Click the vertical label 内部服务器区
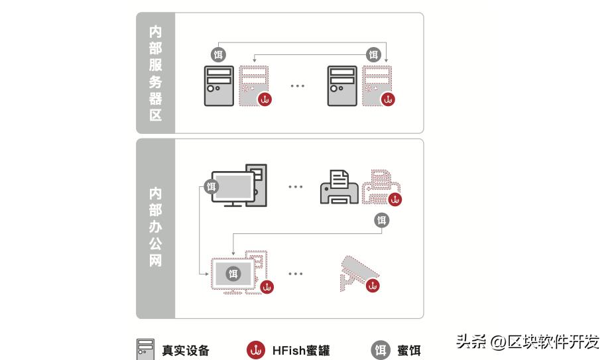(155, 73)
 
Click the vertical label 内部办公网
(155, 227)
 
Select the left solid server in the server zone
(218, 86)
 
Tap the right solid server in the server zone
(343, 86)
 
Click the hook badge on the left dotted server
(265, 99)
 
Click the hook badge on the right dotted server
(389, 99)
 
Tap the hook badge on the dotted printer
(395, 199)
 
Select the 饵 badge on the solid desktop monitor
(211, 186)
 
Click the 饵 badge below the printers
(381, 220)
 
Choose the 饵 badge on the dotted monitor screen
(233, 273)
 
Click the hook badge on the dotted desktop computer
(267, 287)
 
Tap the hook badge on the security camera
(373, 286)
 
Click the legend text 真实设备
(186, 350)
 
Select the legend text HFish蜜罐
(300, 350)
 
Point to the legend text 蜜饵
(408, 350)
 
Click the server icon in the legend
(146, 349)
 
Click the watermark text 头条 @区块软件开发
(527, 341)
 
